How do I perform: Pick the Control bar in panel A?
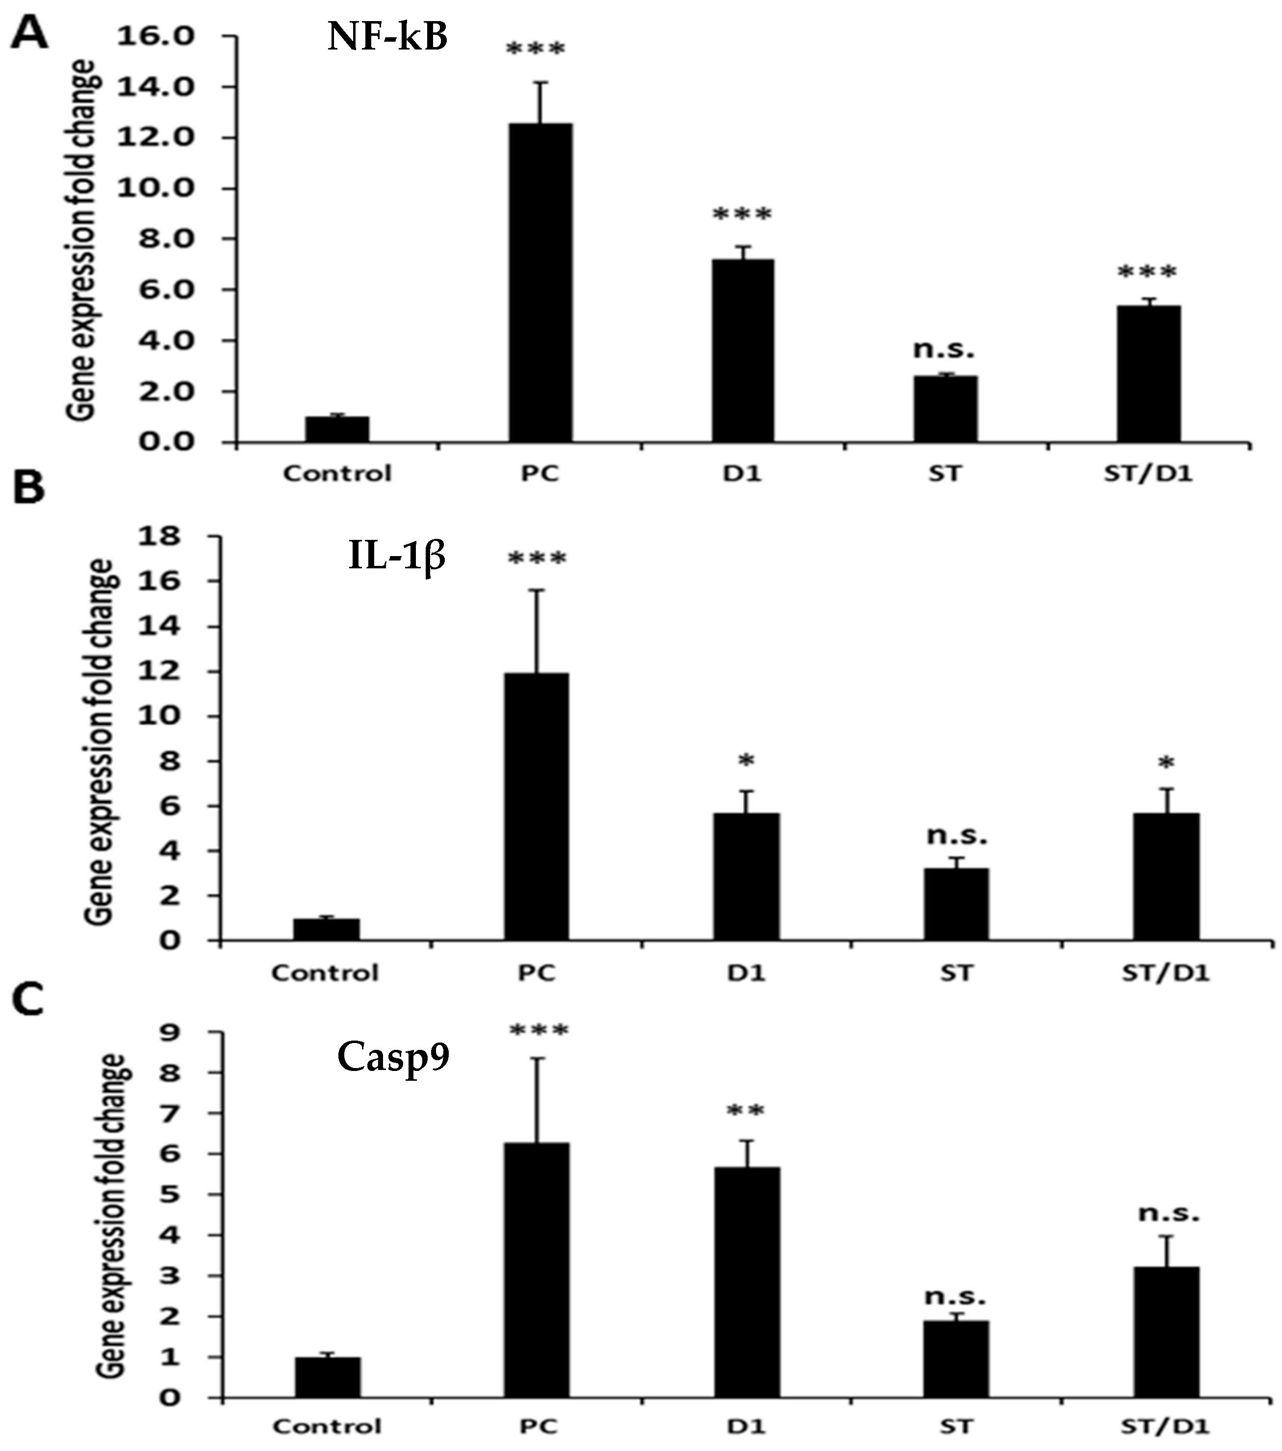point(337,430)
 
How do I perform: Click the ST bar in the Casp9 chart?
point(956,1359)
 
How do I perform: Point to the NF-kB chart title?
point(387,37)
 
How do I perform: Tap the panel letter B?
point(28,488)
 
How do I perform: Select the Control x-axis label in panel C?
point(327,1426)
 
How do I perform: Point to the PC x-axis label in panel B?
point(536,972)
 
